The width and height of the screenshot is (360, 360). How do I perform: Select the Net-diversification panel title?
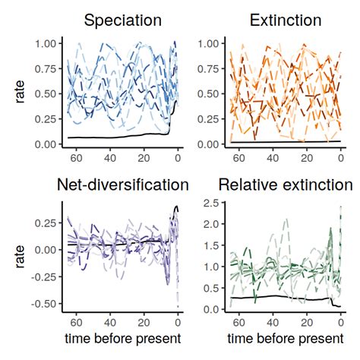122,185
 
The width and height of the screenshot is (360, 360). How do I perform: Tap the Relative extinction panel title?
285,185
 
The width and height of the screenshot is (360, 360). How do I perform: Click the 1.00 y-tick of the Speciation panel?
46,44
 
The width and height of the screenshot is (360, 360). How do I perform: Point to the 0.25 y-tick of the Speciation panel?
46,119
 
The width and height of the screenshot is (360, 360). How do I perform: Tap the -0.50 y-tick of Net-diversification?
44,304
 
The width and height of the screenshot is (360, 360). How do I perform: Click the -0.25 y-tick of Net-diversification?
44,276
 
